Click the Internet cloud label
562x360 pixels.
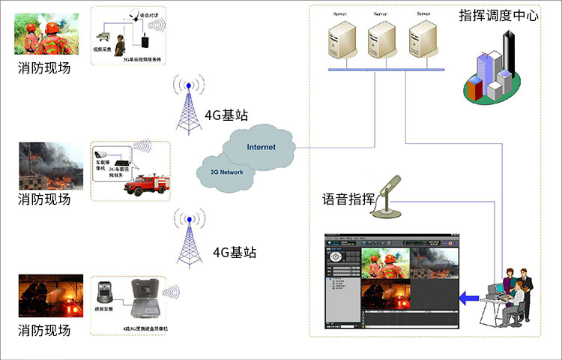tap(261, 146)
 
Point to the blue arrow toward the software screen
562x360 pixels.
tap(470, 298)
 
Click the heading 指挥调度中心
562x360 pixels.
tap(498, 15)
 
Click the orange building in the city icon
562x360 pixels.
tap(473, 88)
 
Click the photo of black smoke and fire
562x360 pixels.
tap(46, 166)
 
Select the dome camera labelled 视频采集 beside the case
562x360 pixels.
tap(104, 292)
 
